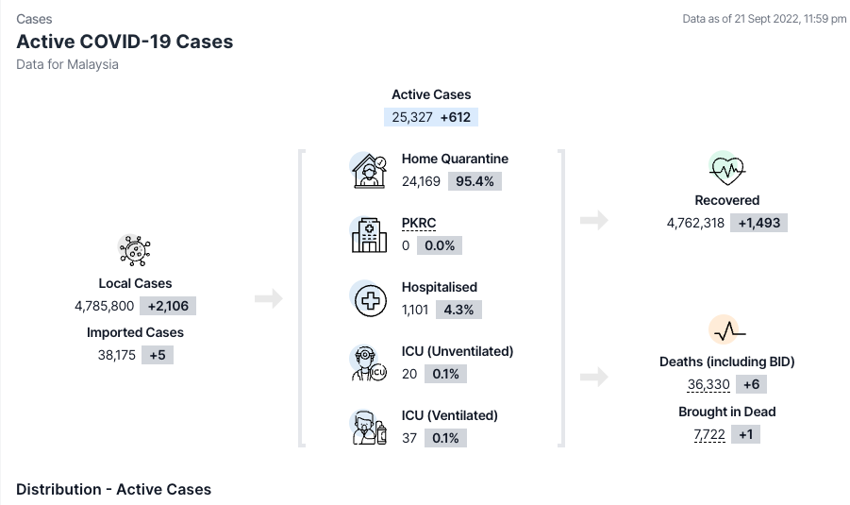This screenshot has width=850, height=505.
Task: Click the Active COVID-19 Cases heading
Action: (x=125, y=42)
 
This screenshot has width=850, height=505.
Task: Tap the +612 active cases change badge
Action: (x=456, y=117)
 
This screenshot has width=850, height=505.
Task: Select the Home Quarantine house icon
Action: (x=369, y=171)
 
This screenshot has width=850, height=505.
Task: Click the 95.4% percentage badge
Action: (x=475, y=181)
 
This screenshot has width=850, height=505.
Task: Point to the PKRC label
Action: (x=419, y=223)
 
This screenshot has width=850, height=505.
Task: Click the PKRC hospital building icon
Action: (x=369, y=235)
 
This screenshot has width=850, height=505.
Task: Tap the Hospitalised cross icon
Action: (x=370, y=300)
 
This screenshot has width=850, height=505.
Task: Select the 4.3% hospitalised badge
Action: (x=458, y=310)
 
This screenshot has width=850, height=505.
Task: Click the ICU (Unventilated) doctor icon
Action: (x=369, y=363)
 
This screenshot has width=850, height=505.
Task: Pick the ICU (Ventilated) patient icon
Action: (x=369, y=428)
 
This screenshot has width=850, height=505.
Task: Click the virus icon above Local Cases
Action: (x=135, y=250)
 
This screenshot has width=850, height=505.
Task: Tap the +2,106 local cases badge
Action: (x=168, y=306)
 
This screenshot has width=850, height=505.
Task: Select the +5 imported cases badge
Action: (x=158, y=355)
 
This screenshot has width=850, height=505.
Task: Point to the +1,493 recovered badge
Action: (x=758, y=223)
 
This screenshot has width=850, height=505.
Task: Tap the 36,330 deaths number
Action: (x=708, y=384)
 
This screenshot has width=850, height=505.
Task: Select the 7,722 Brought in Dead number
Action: (x=709, y=434)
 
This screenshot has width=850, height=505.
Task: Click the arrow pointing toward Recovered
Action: (x=594, y=220)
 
